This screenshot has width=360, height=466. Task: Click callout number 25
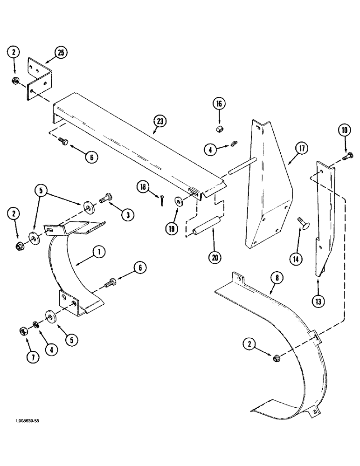coord(61,53)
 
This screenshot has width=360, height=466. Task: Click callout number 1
coord(99,252)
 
